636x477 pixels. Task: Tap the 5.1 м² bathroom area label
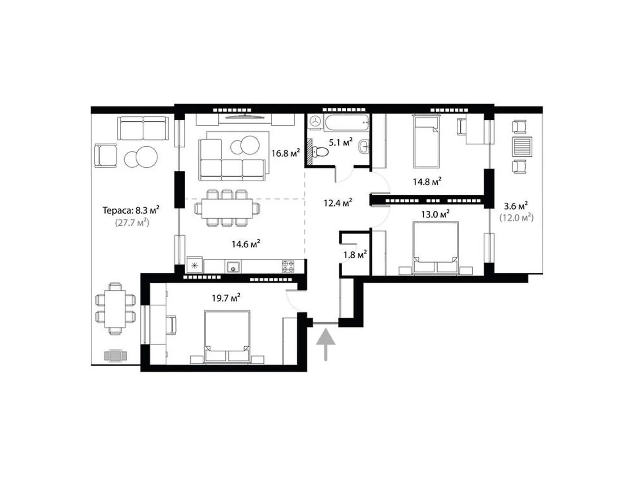click(340, 142)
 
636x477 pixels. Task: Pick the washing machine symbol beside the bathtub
click(316, 121)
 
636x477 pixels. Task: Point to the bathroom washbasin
click(364, 146)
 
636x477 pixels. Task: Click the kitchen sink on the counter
click(233, 267)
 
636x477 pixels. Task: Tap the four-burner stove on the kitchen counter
click(288, 266)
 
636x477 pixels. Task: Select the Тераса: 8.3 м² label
click(131, 210)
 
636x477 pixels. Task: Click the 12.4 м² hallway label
click(337, 203)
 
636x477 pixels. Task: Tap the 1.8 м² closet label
click(355, 254)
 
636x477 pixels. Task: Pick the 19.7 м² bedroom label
click(226, 297)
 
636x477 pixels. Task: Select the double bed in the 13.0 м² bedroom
click(435, 248)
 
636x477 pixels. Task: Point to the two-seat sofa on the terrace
click(143, 128)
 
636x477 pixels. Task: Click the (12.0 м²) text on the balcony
click(516, 218)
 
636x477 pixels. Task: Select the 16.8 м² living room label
click(285, 153)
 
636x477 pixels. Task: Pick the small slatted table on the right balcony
click(522, 147)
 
